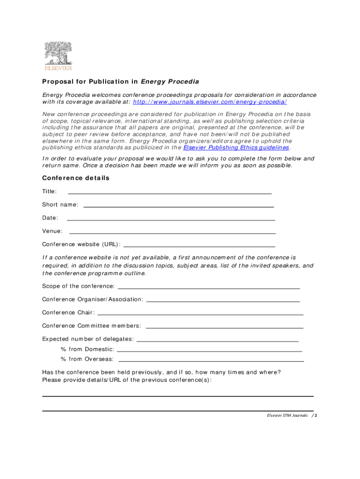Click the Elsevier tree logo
point(58,56)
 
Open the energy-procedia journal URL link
point(210,102)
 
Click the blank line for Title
point(170,192)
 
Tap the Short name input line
point(178,205)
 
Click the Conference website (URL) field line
point(199,245)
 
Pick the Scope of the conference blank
point(209,287)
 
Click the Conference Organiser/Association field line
point(223,300)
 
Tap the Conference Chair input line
point(200,313)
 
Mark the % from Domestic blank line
point(209,350)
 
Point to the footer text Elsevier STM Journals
point(287,415)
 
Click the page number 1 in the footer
point(316,415)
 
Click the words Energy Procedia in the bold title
point(170,82)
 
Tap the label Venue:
point(52,231)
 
